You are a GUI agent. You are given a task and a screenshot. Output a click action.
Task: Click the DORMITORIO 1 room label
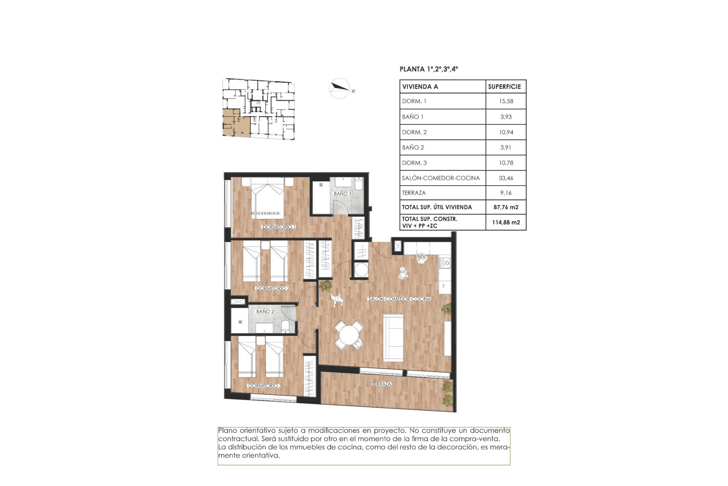click(x=279, y=227)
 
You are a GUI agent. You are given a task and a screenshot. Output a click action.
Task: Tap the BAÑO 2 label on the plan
click(x=265, y=311)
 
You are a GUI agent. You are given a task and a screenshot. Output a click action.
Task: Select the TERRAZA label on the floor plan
click(x=381, y=384)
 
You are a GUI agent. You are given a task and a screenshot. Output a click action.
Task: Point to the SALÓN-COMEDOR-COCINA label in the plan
click(x=399, y=299)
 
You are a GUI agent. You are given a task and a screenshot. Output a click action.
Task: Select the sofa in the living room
click(x=393, y=338)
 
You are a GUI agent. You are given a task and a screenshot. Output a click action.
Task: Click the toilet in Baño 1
click(x=358, y=184)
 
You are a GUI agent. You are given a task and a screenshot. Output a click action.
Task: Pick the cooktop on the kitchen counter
click(x=444, y=262)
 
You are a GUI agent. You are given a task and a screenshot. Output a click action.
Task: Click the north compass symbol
click(x=339, y=88)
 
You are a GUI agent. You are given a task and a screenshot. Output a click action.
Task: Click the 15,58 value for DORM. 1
click(x=506, y=101)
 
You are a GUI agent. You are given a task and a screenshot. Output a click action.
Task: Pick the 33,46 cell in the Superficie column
click(x=506, y=178)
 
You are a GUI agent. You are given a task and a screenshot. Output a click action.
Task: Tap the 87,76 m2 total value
click(x=506, y=207)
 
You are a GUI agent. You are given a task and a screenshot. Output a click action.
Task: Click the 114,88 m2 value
click(x=506, y=222)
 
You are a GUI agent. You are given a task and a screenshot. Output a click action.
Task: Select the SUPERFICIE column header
click(x=504, y=87)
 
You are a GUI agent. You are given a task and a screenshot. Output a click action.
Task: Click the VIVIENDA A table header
click(x=420, y=87)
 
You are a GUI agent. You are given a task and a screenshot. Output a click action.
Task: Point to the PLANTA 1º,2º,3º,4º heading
click(x=428, y=69)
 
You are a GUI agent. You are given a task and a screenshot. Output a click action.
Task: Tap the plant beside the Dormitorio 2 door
click(x=325, y=286)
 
